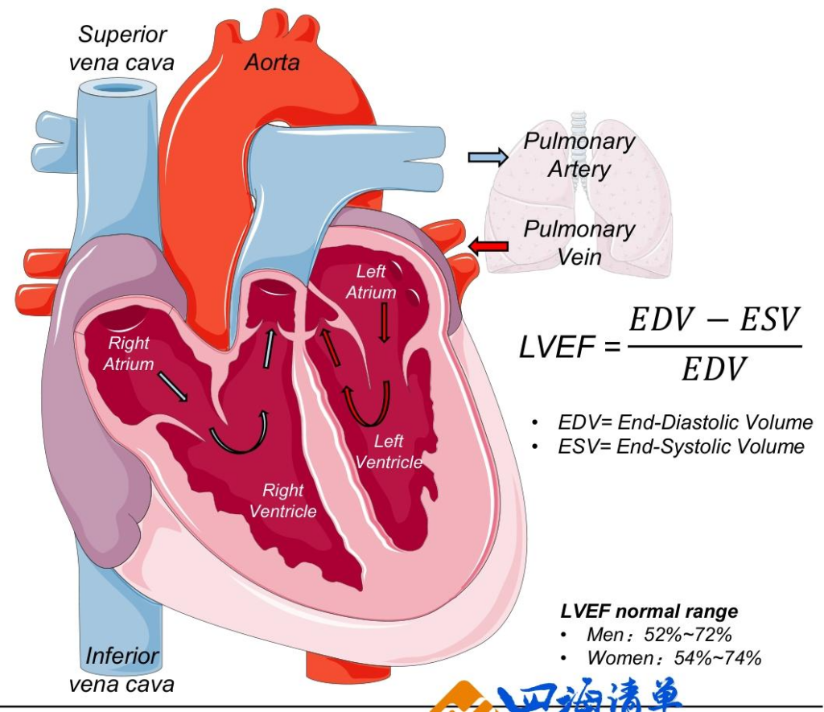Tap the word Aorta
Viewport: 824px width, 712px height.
(x=272, y=61)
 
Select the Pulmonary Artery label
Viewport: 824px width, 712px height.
(x=579, y=154)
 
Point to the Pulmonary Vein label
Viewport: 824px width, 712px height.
(x=579, y=242)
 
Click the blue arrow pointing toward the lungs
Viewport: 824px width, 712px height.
(x=488, y=156)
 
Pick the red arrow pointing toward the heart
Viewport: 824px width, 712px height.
(x=488, y=245)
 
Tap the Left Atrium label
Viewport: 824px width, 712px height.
(x=371, y=282)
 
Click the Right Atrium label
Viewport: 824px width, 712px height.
(x=128, y=353)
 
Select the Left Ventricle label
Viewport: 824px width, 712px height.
(x=389, y=451)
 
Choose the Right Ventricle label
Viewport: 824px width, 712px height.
(x=283, y=500)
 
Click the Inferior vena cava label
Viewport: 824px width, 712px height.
(x=122, y=669)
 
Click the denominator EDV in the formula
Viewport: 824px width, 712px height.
(x=713, y=370)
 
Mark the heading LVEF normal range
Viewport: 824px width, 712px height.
(x=649, y=611)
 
